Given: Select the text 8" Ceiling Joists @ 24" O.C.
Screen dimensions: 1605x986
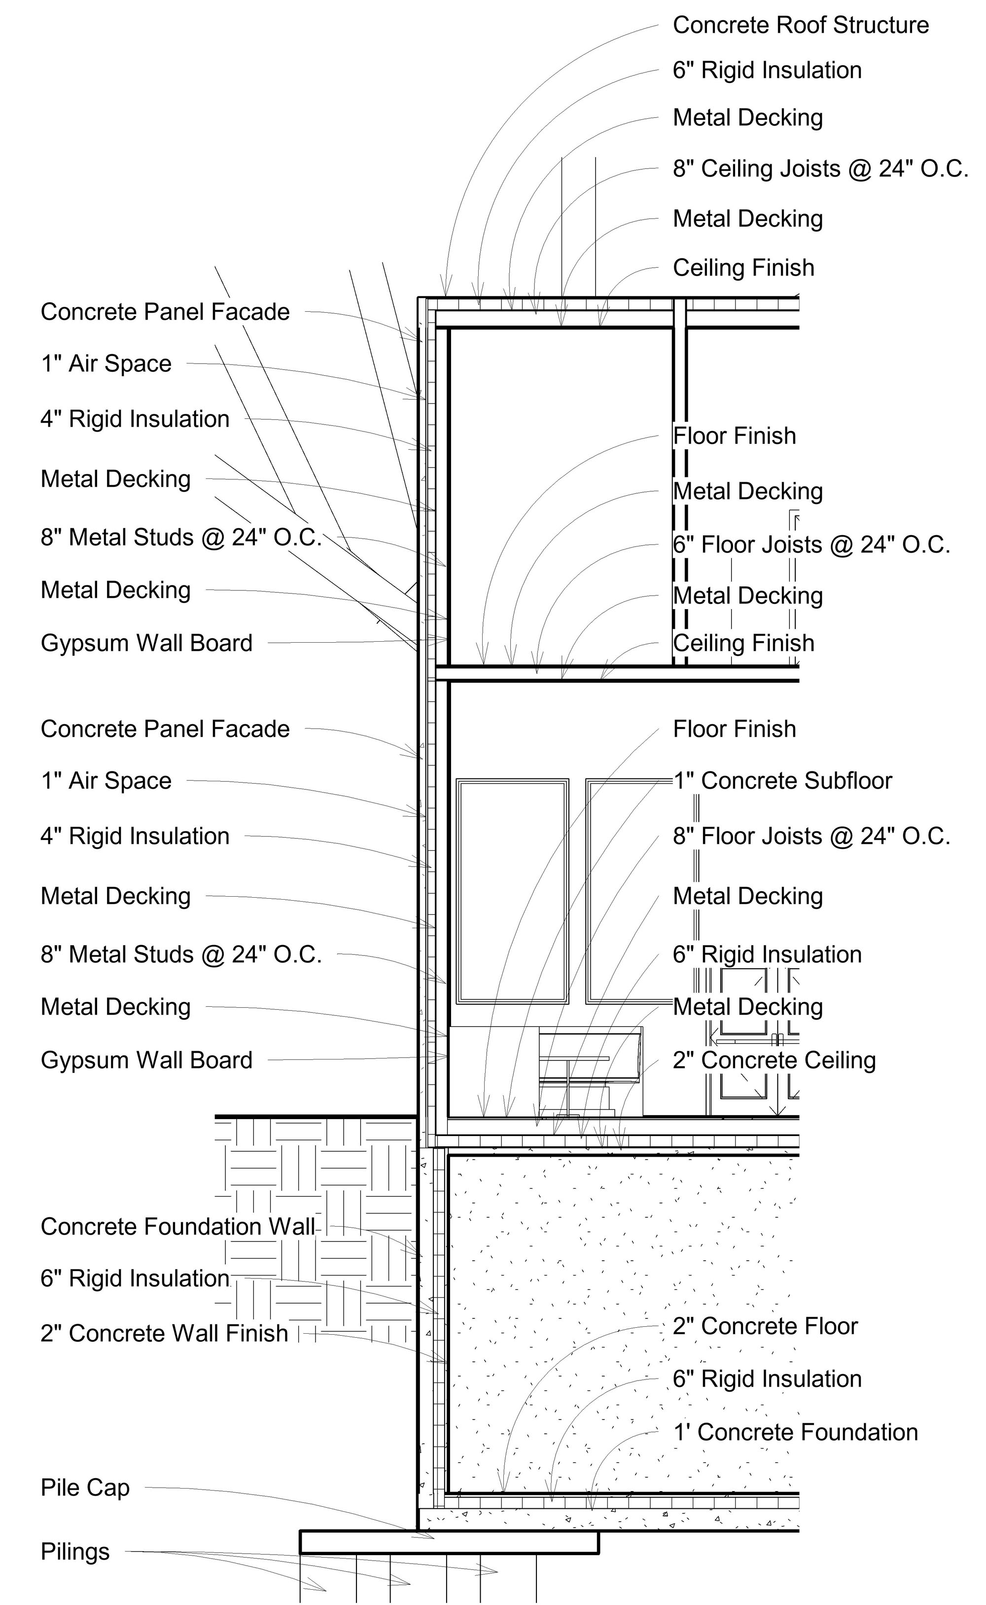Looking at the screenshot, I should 820,169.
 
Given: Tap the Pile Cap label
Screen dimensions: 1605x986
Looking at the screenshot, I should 85,1488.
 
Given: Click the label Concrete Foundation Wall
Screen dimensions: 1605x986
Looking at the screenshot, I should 177,1227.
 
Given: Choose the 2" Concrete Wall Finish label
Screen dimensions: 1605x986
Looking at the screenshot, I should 164,1334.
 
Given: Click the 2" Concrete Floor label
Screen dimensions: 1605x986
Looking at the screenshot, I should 765,1326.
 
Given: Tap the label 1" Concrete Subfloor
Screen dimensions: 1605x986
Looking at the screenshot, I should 782,781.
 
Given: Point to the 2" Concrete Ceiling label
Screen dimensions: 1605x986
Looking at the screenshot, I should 774,1060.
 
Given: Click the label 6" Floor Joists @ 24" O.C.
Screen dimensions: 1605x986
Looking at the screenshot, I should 811,545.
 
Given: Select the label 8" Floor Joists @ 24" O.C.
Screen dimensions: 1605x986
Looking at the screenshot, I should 811,837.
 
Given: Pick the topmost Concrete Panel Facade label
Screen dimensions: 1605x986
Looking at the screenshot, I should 165,312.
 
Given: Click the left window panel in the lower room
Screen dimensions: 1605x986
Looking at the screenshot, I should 512,891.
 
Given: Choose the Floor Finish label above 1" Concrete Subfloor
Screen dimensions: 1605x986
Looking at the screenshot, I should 734,730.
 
